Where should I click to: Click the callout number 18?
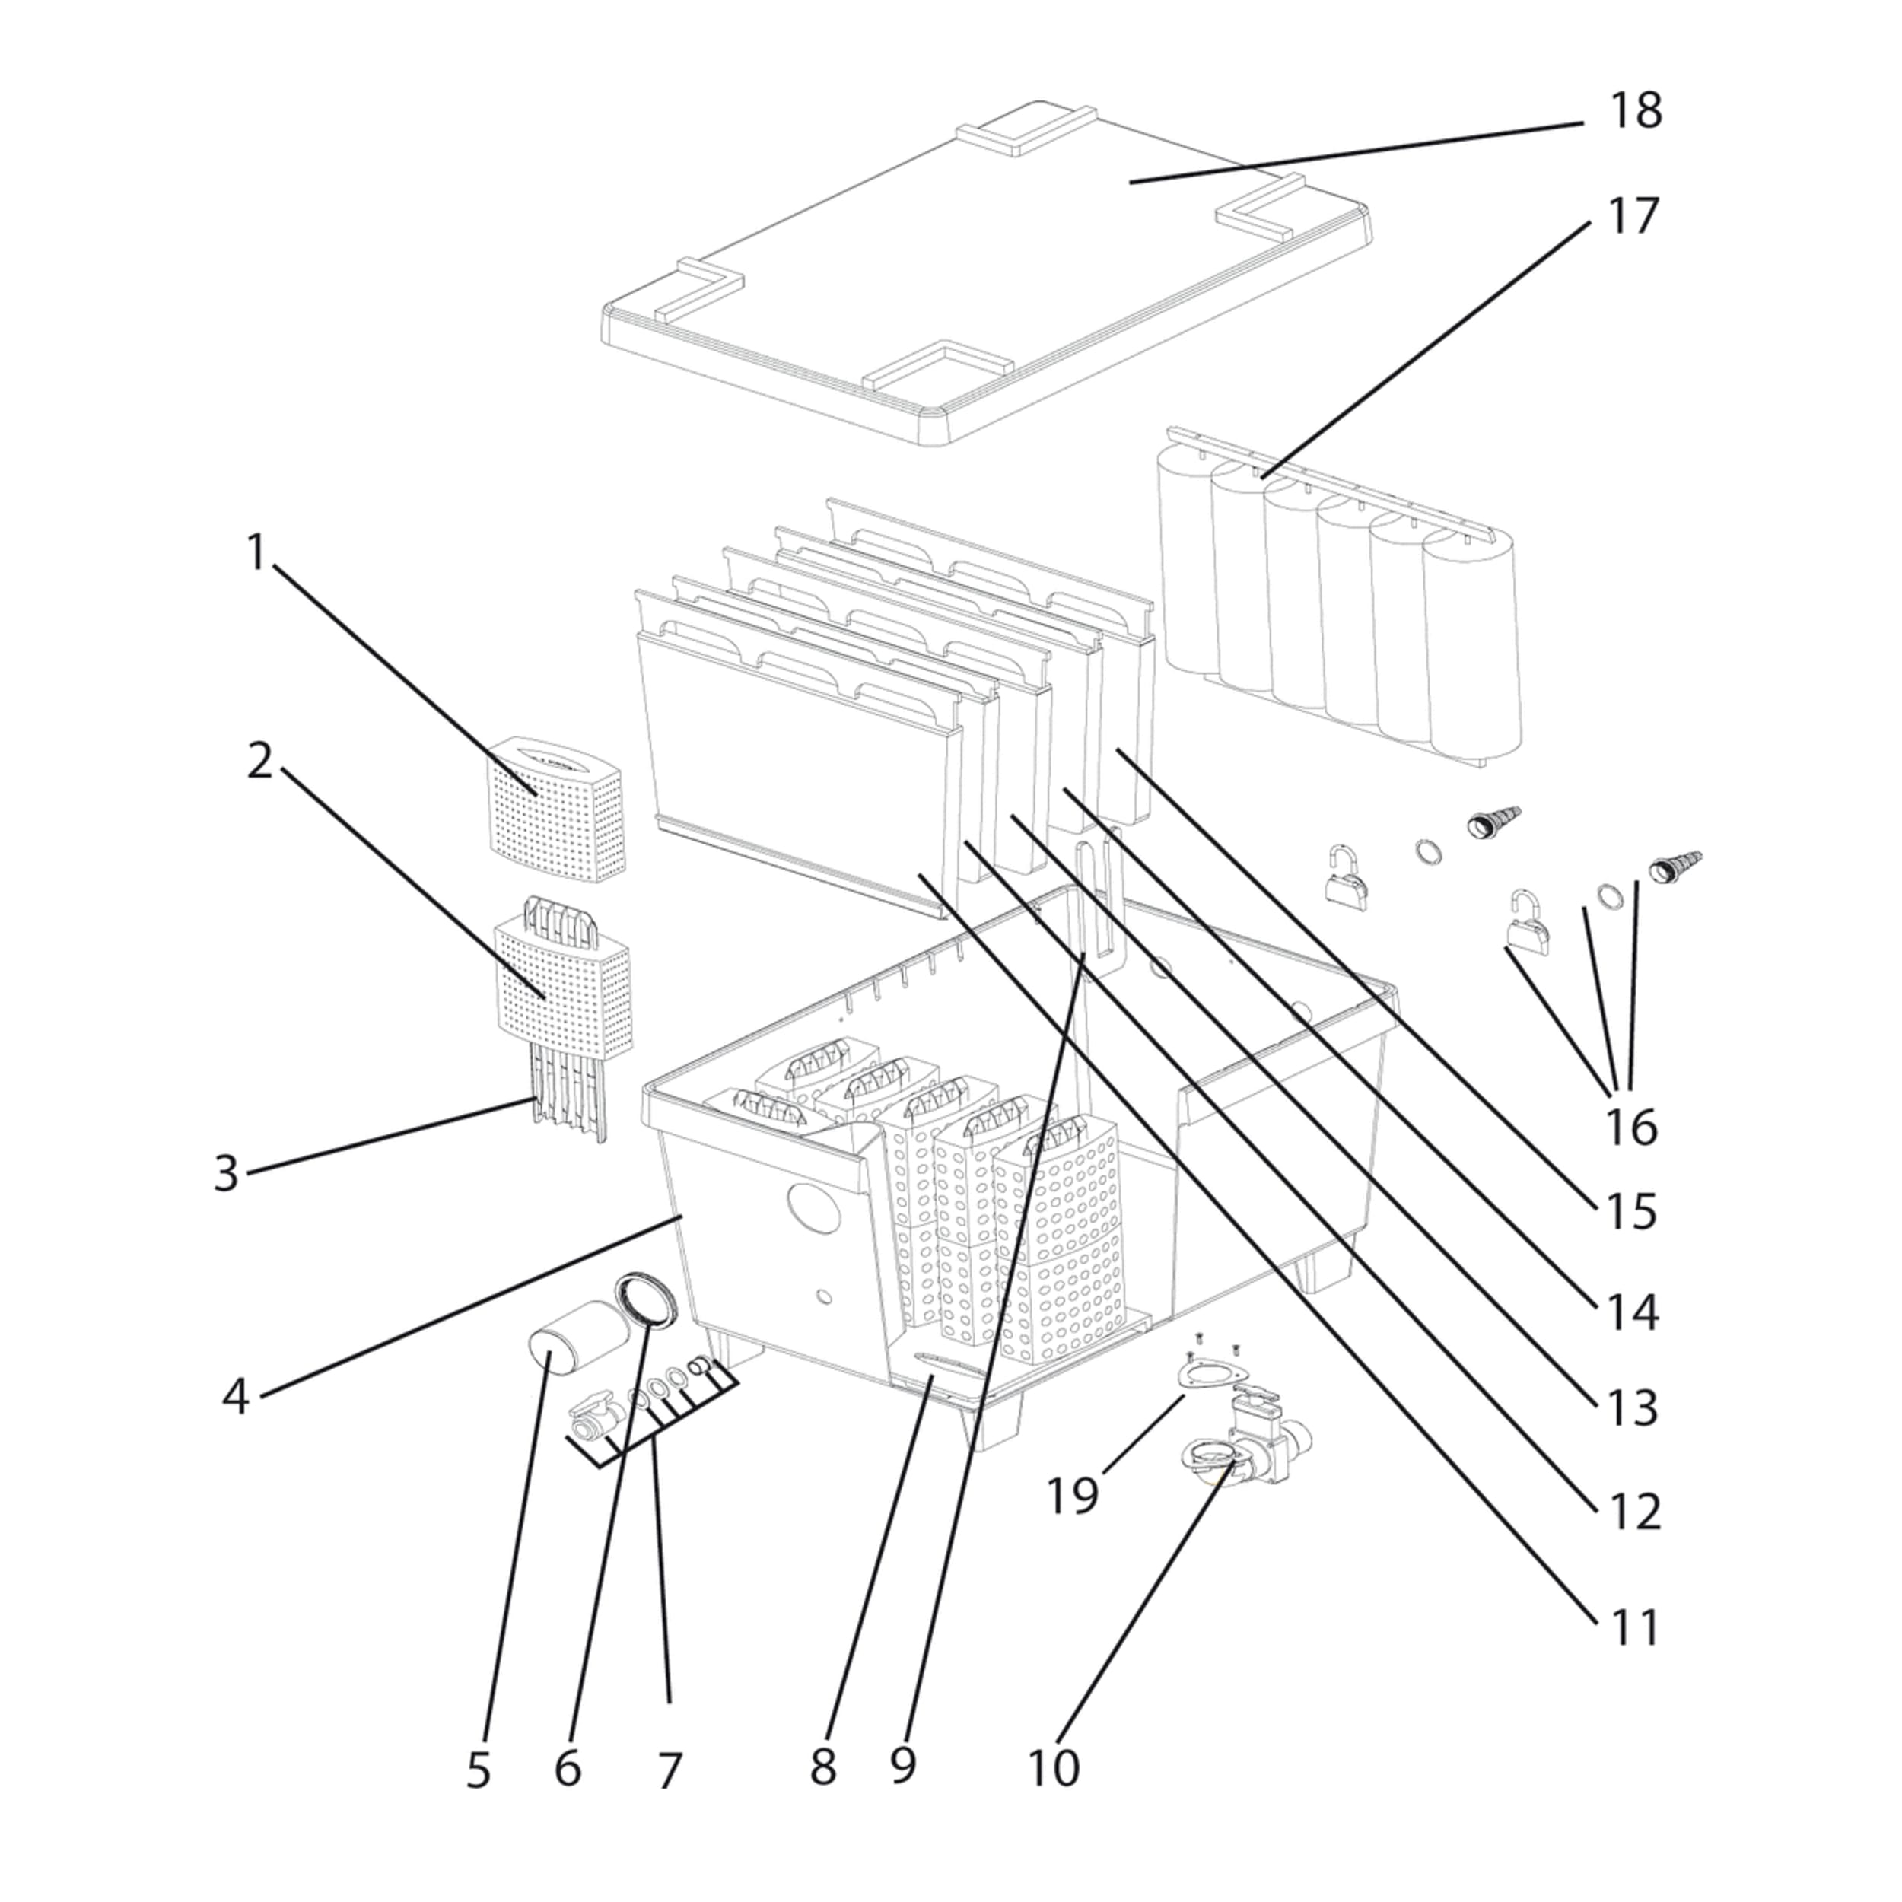[1635, 110]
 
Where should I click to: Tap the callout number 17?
[1633, 215]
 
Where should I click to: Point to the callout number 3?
[227, 1173]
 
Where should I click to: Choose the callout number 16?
[1631, 1126]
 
